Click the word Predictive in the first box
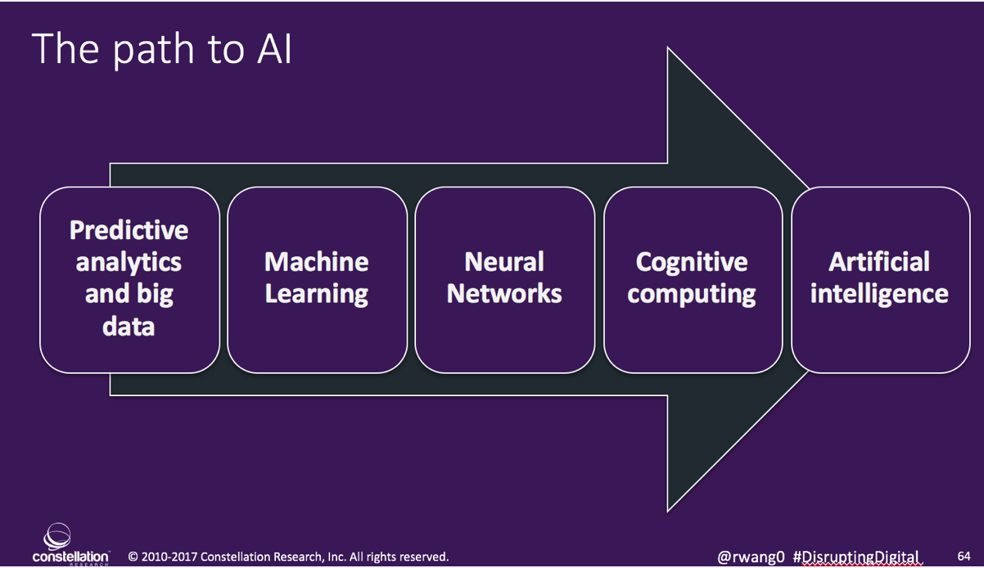coord(129,230)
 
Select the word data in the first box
coord(129,326)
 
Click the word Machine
coord(316,262)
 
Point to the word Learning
coord(316,295)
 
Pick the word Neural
coord(504,262)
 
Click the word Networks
coord(504,294)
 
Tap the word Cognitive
coord(692,263)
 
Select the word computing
coord(692,295)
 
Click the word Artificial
coord(879,262)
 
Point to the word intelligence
coord(879,295)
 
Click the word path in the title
coord(153,50)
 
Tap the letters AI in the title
coord(274,48)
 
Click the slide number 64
coord(964,557)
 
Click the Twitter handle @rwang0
coord(751,557)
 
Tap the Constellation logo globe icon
coord(57,536)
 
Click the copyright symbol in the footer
coord(133,557)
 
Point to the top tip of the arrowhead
coord(668,47)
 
